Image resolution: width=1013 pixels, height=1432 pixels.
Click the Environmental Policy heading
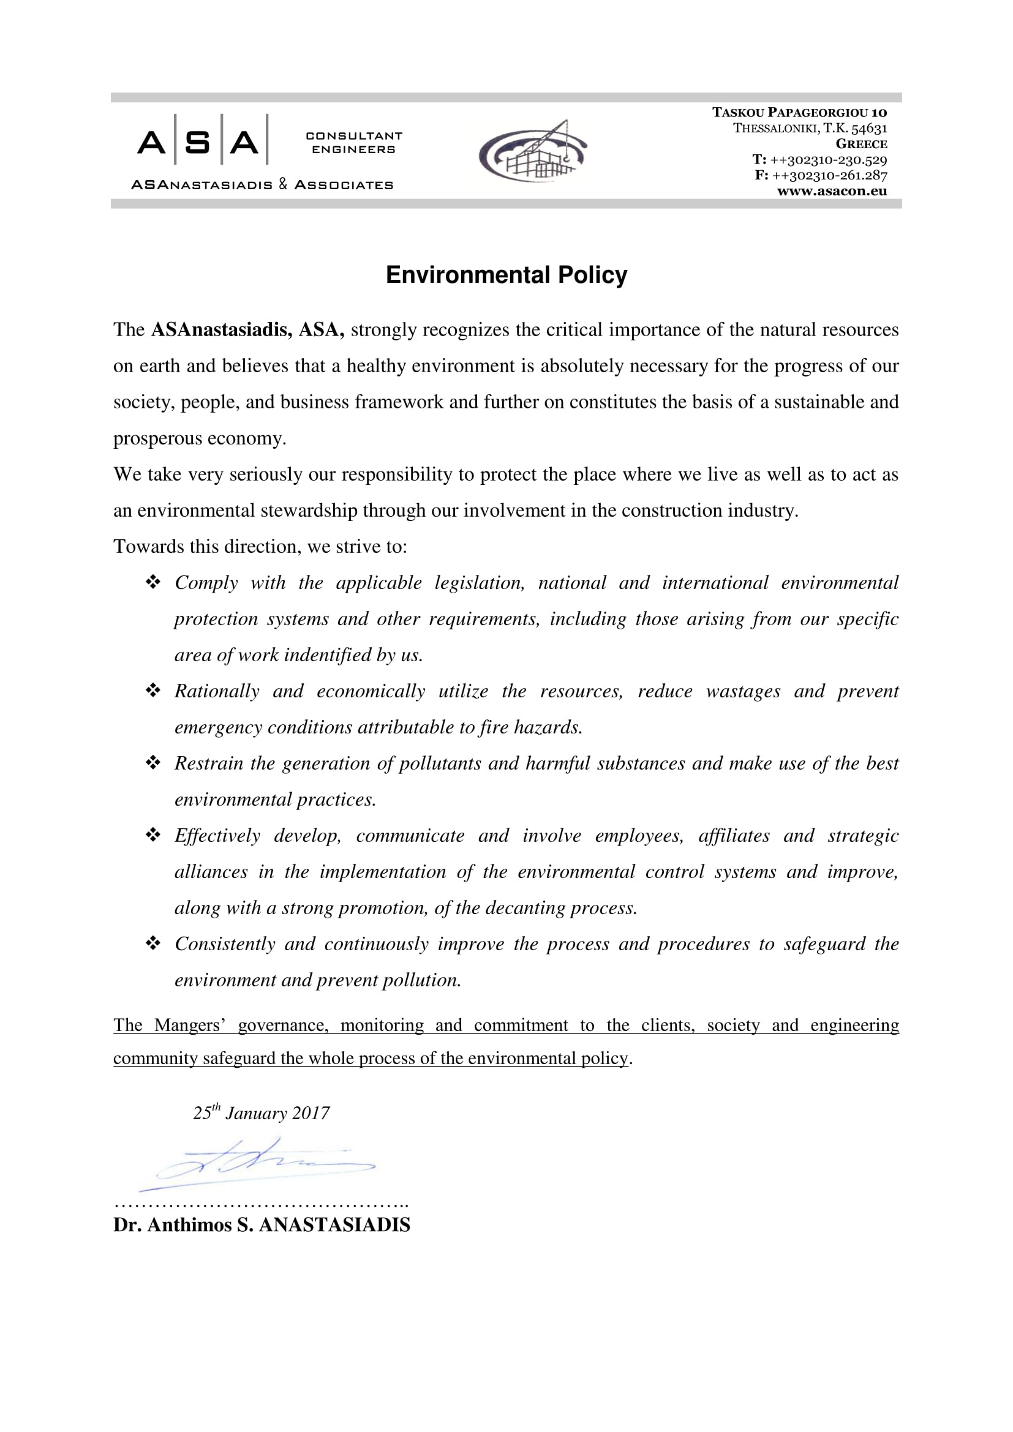pos(506,275)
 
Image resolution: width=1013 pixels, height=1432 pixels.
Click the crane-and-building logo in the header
pos(533,152)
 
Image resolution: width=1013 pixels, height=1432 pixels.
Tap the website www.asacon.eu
pos(832,192)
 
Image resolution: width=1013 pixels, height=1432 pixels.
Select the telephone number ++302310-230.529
pos(829,160)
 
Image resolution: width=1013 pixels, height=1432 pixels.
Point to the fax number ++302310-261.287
pos(830,175)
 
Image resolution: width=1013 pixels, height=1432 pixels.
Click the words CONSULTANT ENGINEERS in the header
pos(353,143)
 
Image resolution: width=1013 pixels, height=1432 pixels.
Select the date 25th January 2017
pos(262,1112)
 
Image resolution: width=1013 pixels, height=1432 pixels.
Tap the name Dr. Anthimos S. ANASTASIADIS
pos(262,1224)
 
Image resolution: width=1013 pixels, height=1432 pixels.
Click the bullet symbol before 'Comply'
pos(153,582)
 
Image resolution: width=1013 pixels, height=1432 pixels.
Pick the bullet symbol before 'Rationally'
pos(153,691)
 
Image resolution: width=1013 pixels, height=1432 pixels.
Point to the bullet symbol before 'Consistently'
pos(153,943)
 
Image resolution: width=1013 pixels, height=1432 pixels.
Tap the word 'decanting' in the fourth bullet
pos(526,908)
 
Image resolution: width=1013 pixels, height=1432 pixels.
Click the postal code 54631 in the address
pos(869,129)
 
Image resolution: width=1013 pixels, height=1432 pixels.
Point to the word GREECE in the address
pos(862,144)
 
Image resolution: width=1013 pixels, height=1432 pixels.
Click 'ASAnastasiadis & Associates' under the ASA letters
pos(262,185)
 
